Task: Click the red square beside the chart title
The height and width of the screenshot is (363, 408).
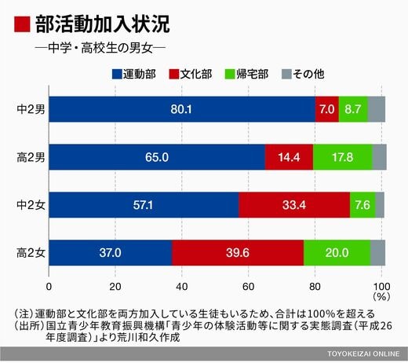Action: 22,24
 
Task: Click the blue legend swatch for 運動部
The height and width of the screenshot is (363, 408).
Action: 117,74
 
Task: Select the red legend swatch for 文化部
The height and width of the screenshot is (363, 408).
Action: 174,74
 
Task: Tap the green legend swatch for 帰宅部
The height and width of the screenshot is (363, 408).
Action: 230,74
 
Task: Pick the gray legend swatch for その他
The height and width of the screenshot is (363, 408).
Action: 286,74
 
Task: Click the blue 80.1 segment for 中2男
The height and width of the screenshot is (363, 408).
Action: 182,109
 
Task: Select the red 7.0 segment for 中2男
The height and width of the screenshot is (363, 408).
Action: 327,109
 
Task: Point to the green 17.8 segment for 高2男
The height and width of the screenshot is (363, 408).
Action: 343,157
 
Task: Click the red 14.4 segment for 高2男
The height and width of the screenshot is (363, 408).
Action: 289,157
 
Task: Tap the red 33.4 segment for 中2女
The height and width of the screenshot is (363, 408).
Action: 294,205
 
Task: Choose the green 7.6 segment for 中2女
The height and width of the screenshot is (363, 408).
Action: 362,205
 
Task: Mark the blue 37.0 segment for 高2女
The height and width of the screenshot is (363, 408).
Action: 111,253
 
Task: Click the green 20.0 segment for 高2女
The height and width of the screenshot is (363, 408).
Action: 337,253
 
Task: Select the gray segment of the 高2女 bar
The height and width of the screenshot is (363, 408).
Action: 378,253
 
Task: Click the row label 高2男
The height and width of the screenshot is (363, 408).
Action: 31,158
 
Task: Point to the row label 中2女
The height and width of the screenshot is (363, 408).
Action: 31,205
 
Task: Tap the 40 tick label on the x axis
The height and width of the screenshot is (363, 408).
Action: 182,287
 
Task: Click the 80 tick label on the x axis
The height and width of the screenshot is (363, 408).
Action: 315,287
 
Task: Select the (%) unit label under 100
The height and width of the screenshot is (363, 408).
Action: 381,297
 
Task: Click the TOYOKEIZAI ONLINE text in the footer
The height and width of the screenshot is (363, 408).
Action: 363,354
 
